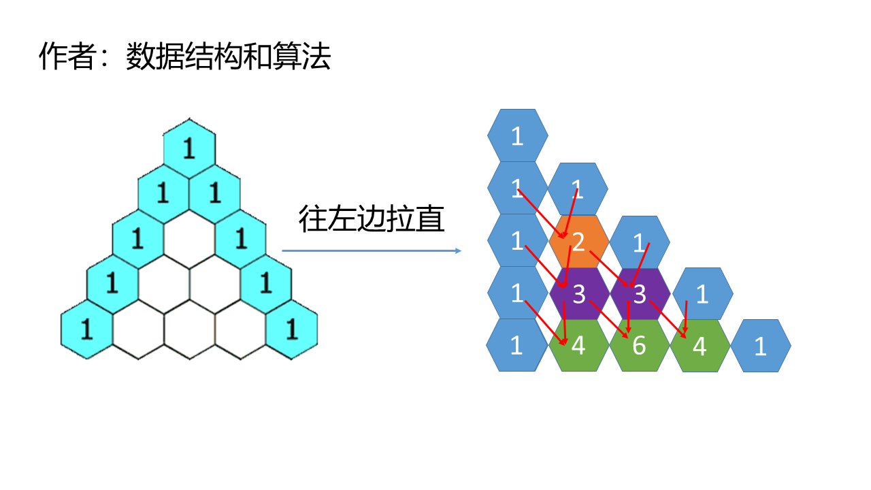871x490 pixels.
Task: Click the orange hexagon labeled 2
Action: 578,242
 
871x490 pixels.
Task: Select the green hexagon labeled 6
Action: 639,346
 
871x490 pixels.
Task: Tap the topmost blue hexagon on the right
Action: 517,136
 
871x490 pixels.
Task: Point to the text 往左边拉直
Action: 372,219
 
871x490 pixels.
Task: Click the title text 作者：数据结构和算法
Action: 184,57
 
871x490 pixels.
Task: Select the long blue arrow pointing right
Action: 372,251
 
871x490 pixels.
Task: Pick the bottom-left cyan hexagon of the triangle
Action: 86,329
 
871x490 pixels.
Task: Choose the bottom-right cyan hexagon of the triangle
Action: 292,329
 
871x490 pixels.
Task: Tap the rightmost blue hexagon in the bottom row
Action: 761,346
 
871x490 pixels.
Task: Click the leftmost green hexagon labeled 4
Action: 578,346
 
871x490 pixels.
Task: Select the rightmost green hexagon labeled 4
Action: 700,346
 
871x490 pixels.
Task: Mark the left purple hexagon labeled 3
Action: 578,294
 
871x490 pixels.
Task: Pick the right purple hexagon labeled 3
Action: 639,294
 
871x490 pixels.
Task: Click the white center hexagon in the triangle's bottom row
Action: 189,331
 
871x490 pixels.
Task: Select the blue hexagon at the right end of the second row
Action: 578,189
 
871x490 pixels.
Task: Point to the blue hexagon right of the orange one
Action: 639,242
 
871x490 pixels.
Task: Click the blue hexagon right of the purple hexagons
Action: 702,294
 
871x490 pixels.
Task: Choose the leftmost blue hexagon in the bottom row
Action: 516,346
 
